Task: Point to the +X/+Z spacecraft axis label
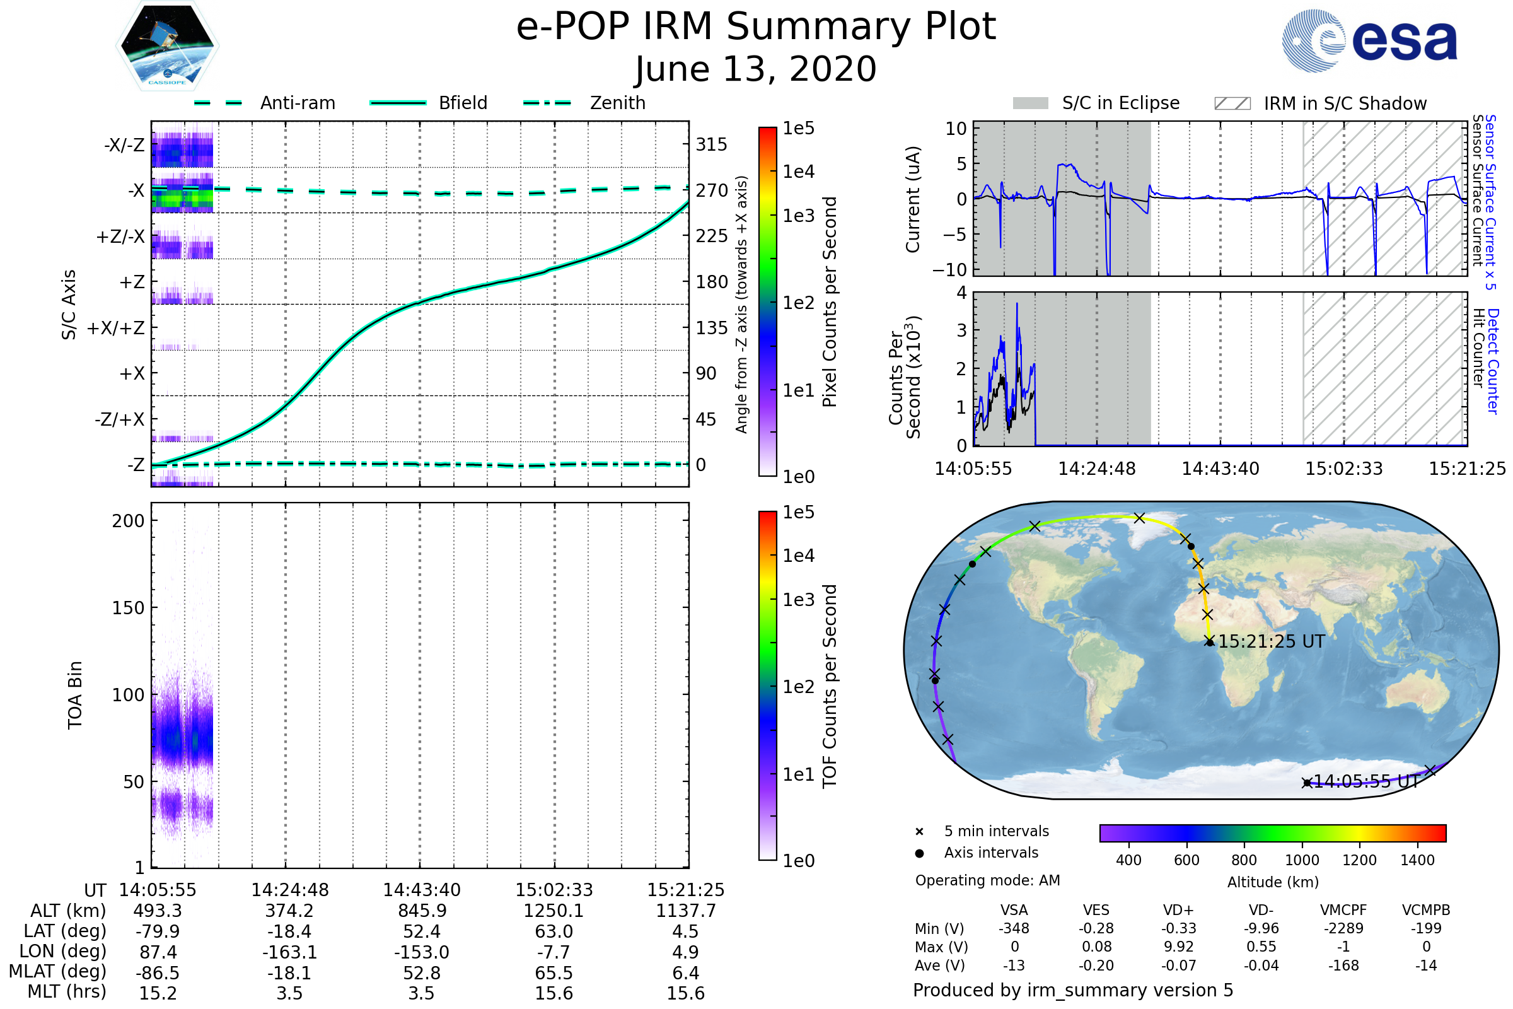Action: (x=116, y=328)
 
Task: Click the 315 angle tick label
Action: (x=711, y=144)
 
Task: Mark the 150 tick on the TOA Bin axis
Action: (x=128, y=608)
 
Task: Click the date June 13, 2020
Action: (x=756, y=69)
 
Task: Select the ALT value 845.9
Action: (x=421, y=911)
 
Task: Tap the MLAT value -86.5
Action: (x=158, y=973)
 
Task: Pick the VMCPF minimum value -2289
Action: (x=1343, y=928)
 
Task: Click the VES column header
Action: (x=1096, y=910)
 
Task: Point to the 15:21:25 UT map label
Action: (x=1271, y=641)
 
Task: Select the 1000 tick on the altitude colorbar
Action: (x=1301, y=860)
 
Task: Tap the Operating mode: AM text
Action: (x=987, y=880)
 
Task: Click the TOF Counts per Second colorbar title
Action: (x=830, y=686)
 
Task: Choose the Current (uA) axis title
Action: (x=913, y=199)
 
